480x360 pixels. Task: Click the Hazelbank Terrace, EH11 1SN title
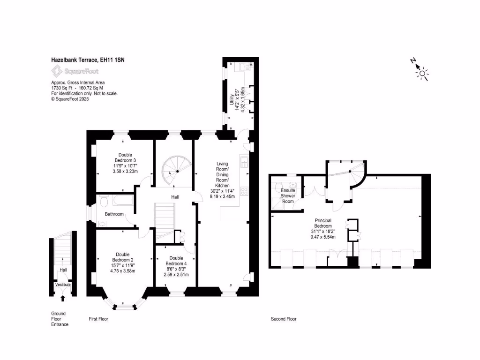[x=87, y=60]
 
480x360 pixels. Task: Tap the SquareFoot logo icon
[x=57, y=71]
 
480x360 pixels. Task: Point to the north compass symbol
[x=422, y=72]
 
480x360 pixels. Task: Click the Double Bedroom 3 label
[x=125, y=163]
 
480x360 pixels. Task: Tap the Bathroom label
[x=114, y=214]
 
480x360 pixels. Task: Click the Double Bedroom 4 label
[x=176, y=266]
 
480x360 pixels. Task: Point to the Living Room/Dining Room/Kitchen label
[x=222, y=180]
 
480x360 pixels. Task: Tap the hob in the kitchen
[x=244, y=191]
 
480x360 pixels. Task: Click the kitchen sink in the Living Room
[x=244, y=163]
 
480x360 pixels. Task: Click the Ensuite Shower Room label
[x=287, y=196]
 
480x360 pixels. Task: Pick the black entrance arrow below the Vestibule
[x=63, y=298]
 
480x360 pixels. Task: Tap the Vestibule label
[x=63, y=285]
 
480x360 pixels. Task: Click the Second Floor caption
[x=284, y=319]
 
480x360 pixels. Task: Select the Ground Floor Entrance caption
[x=60, y=319]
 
